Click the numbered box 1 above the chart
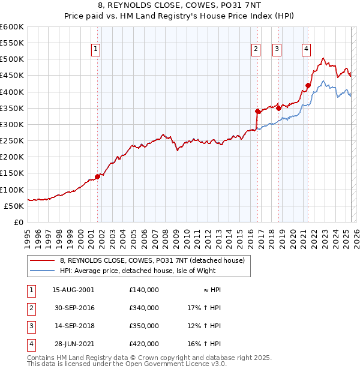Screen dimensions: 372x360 (96, 50)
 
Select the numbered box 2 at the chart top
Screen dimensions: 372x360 (256, 50)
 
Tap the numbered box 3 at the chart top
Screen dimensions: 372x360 (277, 50)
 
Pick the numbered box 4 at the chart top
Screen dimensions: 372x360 (306, 50)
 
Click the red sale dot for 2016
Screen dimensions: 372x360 (257, 111)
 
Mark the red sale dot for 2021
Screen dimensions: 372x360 (308, 85)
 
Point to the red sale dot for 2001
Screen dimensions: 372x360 (97, 176)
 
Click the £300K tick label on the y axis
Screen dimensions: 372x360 (12, 124)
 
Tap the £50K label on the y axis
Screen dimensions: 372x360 (14, 206)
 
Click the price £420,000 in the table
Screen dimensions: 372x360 (144, 344)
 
